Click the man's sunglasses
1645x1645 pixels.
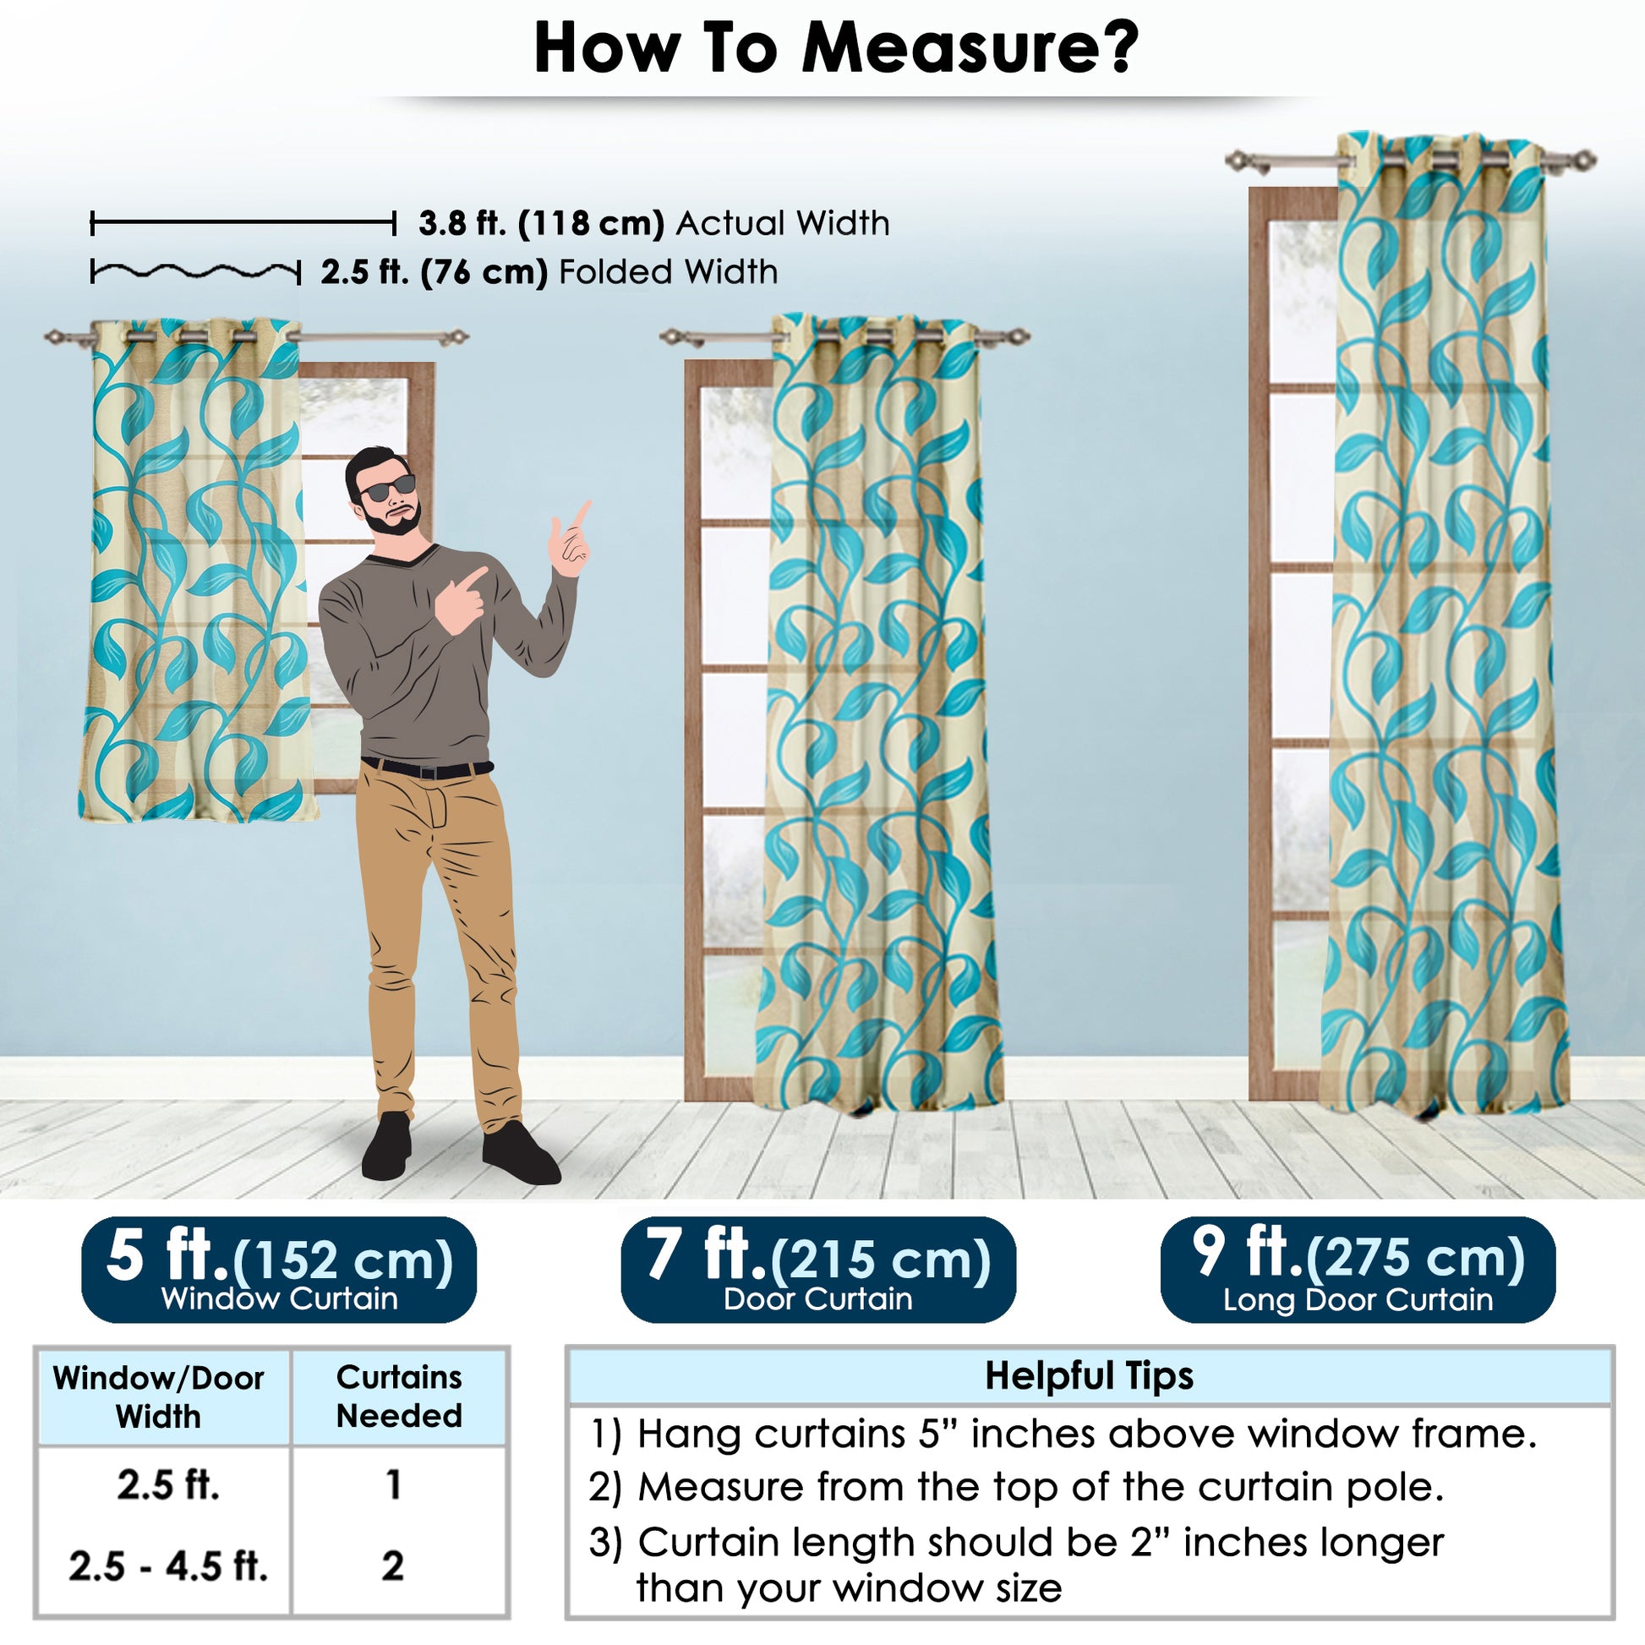click(x=387, y=489)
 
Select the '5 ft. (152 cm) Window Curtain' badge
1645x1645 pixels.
click(x=278, y=1270)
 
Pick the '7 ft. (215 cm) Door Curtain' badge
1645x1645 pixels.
click(x=818, y=1270)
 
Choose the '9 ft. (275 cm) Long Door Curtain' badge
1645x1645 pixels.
click(x=1358, y=1270)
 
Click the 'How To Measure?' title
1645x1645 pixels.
click(x=836, y=47)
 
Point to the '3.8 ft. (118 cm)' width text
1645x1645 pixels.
click(x=541, y=223)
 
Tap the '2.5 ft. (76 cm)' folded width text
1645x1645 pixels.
click(x=434, y=272)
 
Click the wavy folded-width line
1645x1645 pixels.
click(x=196, y=271)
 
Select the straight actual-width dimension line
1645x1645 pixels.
click(x=243, y=224)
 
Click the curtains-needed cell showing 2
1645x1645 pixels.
click(x=392, y=1565)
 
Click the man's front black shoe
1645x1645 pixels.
click(x=520, y=1153)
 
